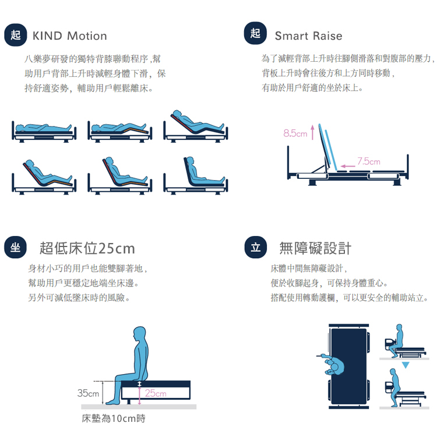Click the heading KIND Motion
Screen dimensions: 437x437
pos(70,36)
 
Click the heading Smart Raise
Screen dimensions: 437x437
pos(308,36)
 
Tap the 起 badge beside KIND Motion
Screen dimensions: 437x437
pos(15,35)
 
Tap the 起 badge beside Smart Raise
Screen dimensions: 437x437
pos(255,34)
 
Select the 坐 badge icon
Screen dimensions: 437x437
pos(15,248)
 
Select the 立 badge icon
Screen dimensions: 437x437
pos(255,248)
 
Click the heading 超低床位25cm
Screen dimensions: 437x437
pos(87,249)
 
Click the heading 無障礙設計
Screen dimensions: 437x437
pos(315,249)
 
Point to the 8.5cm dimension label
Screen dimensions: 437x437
pos(295,134)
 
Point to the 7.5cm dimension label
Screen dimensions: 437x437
pos(368,161)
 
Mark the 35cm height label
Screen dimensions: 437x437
pos(88,393)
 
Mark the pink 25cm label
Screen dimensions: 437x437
pos(156,394)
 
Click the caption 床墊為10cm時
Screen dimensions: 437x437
pos(114,418)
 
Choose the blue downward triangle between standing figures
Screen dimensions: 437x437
pos(406,364)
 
